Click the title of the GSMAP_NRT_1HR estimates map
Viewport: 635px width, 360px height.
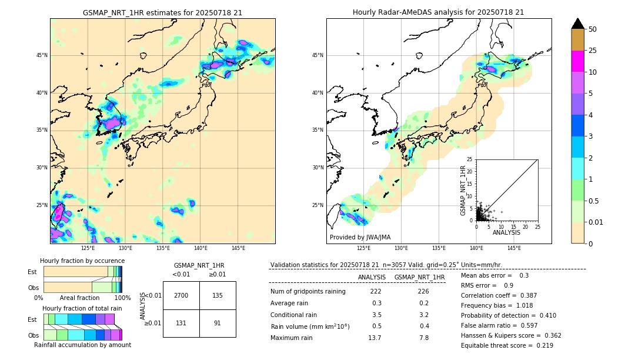(162, 12)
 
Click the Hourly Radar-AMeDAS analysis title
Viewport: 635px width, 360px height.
(438, 12)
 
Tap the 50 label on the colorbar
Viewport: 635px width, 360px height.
(593, 29)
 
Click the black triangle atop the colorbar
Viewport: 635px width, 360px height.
(578, 24)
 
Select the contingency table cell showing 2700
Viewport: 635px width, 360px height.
(181, 295)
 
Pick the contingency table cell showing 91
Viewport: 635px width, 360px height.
(218, 323)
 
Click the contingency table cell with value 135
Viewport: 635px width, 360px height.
(218, 295)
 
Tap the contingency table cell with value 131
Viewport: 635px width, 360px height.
(181, 323)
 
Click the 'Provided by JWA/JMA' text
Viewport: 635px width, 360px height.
(360, 238)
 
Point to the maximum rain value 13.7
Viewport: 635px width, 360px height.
(375, 338)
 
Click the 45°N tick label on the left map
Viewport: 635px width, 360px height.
(42, 55)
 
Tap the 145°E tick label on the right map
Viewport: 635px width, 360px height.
(514, 248)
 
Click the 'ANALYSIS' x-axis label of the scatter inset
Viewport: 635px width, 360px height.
(506, 233)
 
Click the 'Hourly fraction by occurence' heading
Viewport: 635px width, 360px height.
(82, 261)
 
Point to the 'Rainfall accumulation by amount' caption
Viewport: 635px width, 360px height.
(82, 345)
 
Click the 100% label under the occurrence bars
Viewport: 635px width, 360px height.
(122, 298)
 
